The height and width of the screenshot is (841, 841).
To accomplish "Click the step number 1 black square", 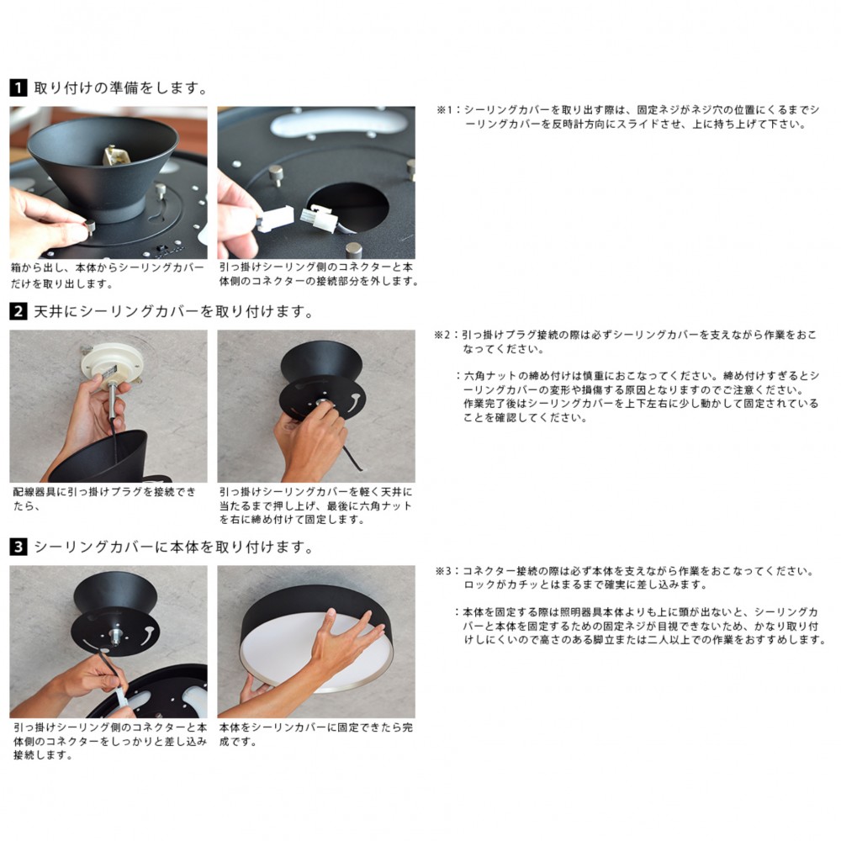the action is [19, 87].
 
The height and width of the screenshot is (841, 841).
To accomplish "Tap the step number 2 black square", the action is [19, 311].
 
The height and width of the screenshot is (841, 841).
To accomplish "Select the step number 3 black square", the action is [19, 547].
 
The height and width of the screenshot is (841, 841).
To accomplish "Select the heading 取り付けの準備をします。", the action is [120, 88].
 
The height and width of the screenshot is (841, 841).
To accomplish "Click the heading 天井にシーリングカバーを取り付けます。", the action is [173, 312].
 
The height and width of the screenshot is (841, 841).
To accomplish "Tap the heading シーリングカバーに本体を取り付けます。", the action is [173, 547].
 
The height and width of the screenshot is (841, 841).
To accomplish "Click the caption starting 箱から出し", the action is [108, 275].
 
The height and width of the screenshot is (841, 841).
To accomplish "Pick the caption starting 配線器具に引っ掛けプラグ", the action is [104, 499].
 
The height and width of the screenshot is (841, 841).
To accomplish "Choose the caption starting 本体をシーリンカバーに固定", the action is [316, 734].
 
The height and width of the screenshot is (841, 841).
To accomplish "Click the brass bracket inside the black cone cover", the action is [114, 155].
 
